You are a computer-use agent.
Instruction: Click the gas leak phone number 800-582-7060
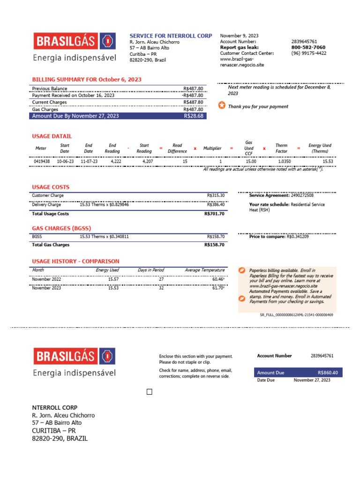tap(308, 47)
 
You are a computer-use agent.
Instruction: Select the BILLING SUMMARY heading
tap(86, 80)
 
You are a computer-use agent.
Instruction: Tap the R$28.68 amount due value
tap(194, 116)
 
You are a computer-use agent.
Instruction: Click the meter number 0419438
tap(41, 161)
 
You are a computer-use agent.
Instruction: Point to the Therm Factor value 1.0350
tap(285, 161)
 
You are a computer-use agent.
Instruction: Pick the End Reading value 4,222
tap(116, 161)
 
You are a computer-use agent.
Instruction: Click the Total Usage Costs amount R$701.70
tap(215, 214)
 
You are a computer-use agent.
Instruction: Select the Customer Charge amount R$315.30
tap(216, 195)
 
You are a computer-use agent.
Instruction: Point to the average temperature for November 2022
tap(218, 279)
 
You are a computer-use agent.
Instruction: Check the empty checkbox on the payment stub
tap(150, 392)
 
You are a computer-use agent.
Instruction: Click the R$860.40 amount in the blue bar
tap(327, 373)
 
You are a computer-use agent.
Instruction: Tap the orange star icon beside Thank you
tap(222, 105)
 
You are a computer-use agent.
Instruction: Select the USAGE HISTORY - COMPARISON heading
tap(75, 261)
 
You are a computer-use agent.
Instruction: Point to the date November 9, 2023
tap(239, 36)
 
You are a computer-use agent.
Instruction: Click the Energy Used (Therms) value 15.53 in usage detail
tap(328, 161)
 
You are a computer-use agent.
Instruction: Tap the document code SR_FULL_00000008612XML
tap(296, 315)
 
